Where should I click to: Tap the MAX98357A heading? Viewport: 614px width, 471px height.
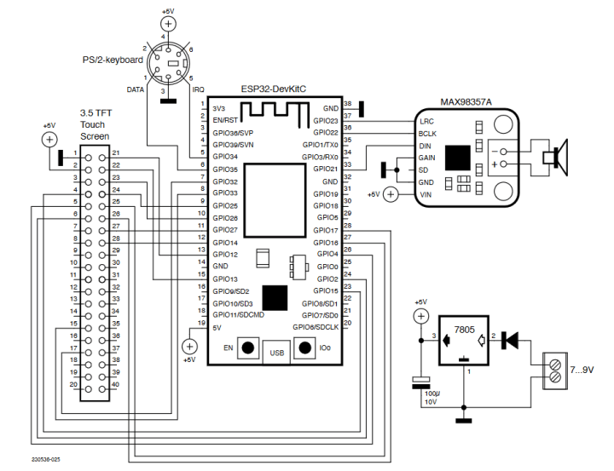pos(465,101)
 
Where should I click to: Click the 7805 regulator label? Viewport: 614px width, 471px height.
pos(464,329)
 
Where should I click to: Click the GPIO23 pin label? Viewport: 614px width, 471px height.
pos(326,121)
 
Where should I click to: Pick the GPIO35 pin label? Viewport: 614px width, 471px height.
pos(225,169)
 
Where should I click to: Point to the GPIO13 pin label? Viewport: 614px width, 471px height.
pos(225,279)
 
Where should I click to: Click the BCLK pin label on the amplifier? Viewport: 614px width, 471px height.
pos(428,135)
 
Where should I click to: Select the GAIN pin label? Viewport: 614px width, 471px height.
pos(428,158)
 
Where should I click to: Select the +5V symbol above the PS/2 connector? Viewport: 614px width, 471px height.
pos(169,23)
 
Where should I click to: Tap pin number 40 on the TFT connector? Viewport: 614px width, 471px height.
pos(116,385)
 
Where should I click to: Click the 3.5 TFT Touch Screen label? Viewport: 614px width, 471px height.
pos(94,124)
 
